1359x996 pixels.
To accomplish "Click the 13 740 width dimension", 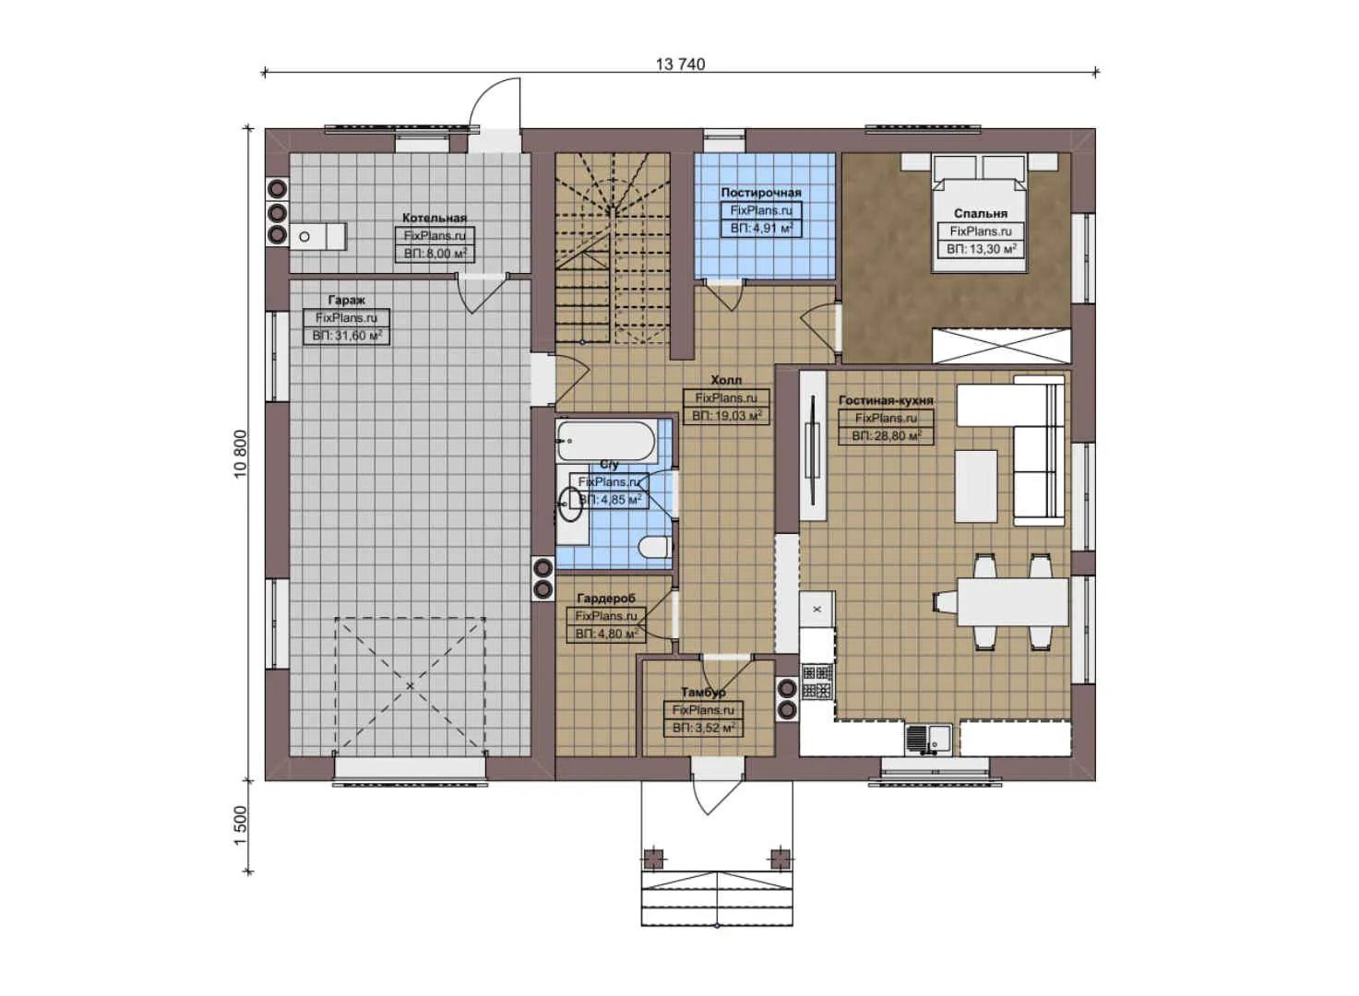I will point(680,64).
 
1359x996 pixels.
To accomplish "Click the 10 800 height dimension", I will point(241,453).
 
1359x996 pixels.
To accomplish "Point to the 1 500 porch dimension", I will point(241,825).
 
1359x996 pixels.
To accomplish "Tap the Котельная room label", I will point(434,218).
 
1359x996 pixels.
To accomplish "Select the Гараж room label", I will point(346,300).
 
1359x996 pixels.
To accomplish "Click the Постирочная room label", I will point(760,193).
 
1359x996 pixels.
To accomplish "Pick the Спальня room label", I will point(980,213).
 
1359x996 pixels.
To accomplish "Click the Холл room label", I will point(725,380).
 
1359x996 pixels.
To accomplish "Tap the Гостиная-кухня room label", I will point(885,400).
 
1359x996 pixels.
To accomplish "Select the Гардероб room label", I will point(605,599).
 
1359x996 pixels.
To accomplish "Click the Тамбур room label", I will point(703,692).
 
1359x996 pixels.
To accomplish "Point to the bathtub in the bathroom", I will point(606,441).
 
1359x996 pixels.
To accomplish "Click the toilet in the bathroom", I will point(654,547).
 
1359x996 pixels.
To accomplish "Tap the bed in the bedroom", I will point(979,214).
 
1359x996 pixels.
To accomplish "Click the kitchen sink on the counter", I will point(927,739).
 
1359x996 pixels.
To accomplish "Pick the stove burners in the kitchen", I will point(817,682).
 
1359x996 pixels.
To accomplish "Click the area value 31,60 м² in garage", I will point(346,336).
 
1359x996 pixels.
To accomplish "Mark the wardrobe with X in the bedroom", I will point(1001,346).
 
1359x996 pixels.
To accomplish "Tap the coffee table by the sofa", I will point(975,486).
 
